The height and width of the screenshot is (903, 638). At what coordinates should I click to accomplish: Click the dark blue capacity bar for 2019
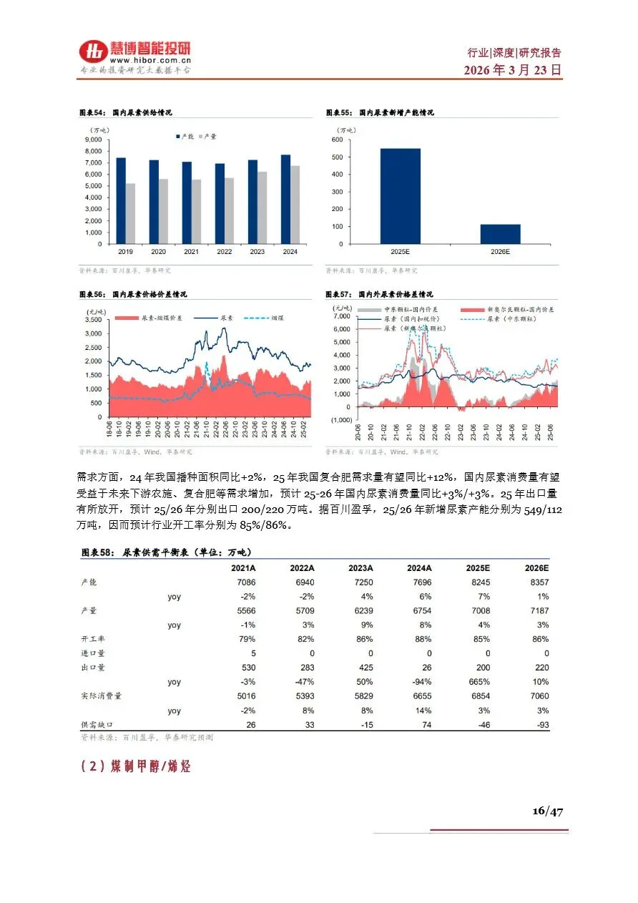pyautogui.click(x=121, y=201)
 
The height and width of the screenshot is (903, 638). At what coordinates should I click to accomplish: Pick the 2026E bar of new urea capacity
pyautogui.click(x=500, y=234)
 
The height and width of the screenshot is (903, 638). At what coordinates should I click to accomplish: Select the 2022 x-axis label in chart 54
pyautogui.click(x=224, y=252)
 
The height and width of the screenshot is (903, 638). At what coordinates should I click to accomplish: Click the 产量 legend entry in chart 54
pyautogui.click(x=208, y=135)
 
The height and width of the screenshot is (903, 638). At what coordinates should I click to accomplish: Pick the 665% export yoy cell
pyautogui.click(x=477, y=682)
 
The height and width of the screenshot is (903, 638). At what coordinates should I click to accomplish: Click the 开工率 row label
pyautogui.click(x=94, y=639)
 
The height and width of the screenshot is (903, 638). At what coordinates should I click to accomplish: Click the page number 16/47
pyautogui.click(x=549, y=811)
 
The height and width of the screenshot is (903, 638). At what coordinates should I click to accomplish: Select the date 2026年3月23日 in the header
pyautogui.click(x=513, y=70)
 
